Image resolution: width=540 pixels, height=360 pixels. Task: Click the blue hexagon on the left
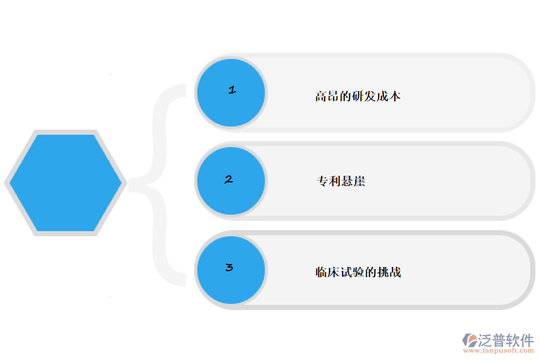(x=65, y=183)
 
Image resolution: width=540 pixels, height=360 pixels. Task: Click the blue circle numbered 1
(x=231, y=92)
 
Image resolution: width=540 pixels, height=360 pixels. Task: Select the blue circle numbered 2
(x=231, y=181)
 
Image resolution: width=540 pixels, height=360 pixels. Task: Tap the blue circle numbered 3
(x=231, y=269)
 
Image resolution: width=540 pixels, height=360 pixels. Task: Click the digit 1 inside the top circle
(x=232, y=90)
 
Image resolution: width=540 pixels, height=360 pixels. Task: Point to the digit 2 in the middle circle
(x=229, y=179)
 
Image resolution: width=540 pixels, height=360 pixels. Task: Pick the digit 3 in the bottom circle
(x=229, y=268)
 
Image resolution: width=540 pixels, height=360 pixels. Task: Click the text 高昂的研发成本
(x=358, y=96)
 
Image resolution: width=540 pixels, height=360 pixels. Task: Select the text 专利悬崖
(x=341, y=181)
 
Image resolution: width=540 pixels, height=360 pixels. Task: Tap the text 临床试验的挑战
(x=358, y=272)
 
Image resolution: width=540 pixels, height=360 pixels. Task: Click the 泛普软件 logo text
(x=505, y=340)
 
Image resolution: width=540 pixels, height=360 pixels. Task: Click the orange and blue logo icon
(x=469, y=340)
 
